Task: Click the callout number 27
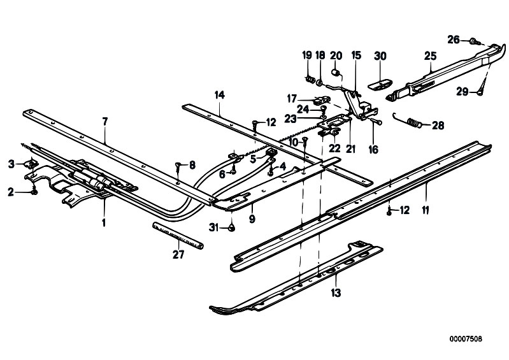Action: click(x=178, y=255)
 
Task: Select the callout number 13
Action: click(x=336, y=293)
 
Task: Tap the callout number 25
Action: click(x=430, y=57)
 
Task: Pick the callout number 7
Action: click(x=105, y=121)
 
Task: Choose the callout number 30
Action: click(x=380, y=56)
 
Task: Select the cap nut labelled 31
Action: click(x=232, y=226)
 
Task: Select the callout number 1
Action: click(x=104, y=224)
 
